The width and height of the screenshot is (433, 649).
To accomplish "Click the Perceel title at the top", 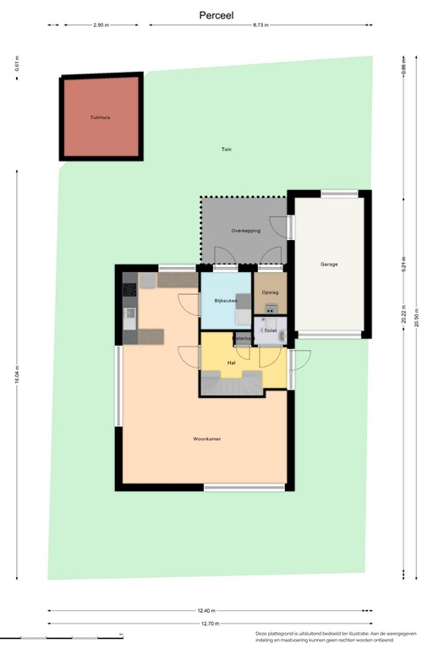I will (216, 15).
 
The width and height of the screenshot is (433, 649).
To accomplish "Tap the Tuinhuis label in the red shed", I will (101, 118).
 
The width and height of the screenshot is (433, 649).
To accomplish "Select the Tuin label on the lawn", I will (227, 150).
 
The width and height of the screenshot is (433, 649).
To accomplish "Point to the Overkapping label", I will (246, 231).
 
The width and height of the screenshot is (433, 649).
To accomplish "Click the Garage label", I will (329, 265).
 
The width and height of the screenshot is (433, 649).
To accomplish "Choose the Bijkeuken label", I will (225, 301).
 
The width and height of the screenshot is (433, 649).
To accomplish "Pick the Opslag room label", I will (271, 292).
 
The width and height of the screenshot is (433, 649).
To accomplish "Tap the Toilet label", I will (271, 330).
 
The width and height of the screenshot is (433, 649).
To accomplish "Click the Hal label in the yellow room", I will (231, 363).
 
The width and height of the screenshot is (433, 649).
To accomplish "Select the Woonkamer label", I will (206, 439).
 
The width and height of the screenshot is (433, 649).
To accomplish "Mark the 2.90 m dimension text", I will (101, 25).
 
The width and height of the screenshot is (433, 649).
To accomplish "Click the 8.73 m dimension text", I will (260, 25).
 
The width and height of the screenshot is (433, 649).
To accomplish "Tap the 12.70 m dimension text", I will (211, 624).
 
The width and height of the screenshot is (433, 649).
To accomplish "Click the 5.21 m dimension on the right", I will (404, 264).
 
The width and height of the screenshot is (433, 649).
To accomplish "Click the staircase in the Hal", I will (231, 384).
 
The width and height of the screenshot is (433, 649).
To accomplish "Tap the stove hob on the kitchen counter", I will (129, 290).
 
